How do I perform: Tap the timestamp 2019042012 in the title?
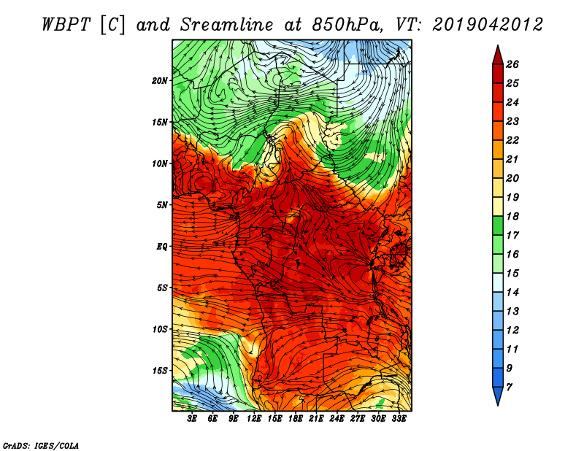click(487, 24)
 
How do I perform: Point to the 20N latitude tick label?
click(160, 80)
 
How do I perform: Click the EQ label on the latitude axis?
click(162, 247)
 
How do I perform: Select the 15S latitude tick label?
click(160, 371)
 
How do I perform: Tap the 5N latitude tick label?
click(162, 205)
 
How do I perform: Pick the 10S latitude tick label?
click(160, 329)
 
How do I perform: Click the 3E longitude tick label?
click(193, 419)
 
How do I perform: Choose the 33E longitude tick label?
click(399, 419)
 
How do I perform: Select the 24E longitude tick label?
click(337, 419)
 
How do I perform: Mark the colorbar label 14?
click(512, 291)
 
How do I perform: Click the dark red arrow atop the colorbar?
click(496, 54)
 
